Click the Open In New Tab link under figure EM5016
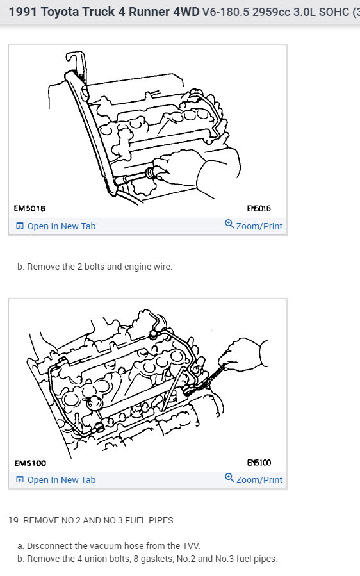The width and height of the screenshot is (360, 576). [61, 226]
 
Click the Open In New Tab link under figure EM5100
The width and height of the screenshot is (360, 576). [61, 480]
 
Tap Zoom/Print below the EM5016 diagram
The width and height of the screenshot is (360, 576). [259, 226]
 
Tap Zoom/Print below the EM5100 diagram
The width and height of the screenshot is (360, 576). [259, 480]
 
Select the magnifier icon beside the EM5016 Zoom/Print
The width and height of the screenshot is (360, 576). [229, 224]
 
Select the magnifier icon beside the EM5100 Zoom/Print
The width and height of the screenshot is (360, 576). [229, 477]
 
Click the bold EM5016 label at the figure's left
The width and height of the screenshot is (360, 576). [29, 208]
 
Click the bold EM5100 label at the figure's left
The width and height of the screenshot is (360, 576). [30, 463]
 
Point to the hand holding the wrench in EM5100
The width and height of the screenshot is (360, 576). [242, 354]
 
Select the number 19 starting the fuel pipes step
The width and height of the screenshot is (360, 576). [13, 520]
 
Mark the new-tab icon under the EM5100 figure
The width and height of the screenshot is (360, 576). [20, 480]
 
